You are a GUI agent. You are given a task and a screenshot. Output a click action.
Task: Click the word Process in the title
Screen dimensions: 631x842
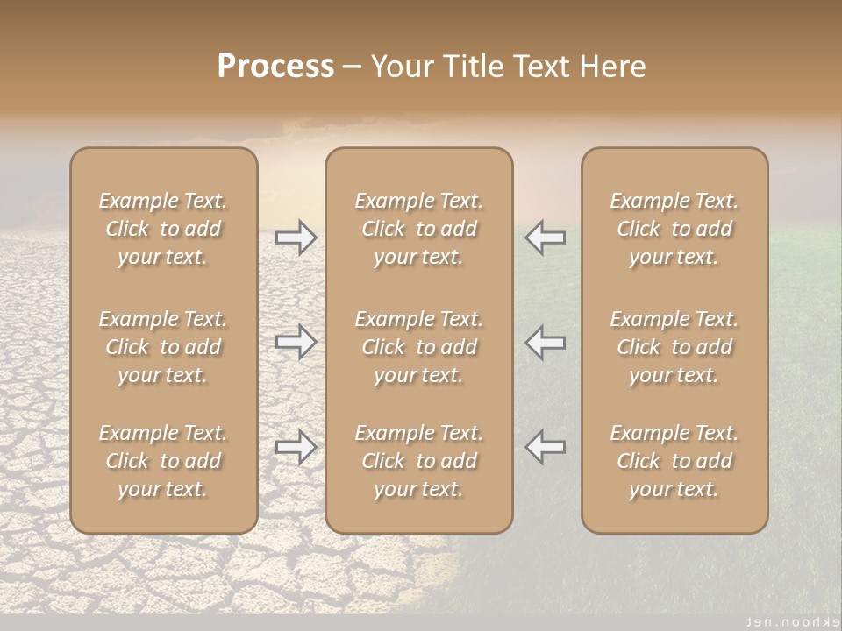coord(275,67)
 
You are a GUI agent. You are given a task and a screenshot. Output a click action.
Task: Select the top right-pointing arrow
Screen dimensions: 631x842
coord(296,238)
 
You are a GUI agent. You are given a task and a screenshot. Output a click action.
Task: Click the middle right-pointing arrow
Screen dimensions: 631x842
coord(296,341)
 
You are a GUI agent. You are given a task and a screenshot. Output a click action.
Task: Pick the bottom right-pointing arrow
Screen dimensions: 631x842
coord(296,447)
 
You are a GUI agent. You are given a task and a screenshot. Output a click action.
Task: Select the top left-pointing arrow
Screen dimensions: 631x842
coord(545,238)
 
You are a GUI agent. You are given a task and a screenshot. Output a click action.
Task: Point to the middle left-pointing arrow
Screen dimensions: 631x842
coord(545,341)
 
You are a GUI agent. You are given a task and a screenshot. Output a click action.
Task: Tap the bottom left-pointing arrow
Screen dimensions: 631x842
coord(545,447)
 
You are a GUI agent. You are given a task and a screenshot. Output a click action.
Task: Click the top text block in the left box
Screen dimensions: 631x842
coord(163,229)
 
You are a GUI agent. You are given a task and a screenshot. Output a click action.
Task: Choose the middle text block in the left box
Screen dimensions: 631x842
coord(163,347)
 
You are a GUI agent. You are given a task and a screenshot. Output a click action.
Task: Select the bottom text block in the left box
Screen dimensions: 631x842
coord(163,461)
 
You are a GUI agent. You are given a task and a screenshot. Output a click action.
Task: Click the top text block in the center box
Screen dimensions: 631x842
coord(419,229)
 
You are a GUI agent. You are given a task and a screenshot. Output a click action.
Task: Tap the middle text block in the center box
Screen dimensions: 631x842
coord(419,347)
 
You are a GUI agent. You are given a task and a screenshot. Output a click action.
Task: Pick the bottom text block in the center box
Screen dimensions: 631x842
coord(419,461)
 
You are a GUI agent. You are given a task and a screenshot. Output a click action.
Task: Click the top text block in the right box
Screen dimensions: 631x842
coord(674,229)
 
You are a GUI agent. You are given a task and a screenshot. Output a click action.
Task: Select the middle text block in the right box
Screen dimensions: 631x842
coord(674,347)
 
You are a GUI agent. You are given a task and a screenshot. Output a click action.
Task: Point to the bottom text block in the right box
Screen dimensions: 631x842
coord(674,461)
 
